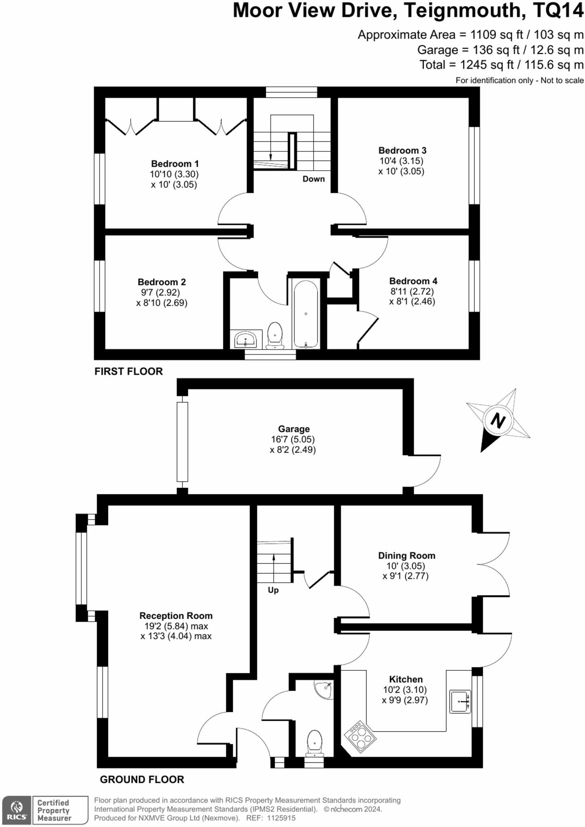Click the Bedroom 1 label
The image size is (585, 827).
(175, 164)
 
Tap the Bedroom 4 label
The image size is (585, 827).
(413, 281)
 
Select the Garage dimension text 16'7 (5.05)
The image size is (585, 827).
(292, 439)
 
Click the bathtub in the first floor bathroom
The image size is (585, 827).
(306, 314)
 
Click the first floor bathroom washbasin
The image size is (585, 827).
(245, 339)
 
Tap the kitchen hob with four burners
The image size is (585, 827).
(360, 737)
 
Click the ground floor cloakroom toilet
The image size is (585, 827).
(314, 744)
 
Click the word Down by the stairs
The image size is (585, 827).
(314, 179)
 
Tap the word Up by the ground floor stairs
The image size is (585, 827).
(273, 590)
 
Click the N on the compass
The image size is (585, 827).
(498, 421)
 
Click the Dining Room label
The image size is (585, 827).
(406, 555)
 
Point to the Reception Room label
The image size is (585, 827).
(176, 615)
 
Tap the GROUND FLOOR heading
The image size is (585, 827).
(142, 779)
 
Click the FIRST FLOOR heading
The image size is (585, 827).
(128, 371)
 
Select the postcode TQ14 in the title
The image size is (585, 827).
(558, 10)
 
